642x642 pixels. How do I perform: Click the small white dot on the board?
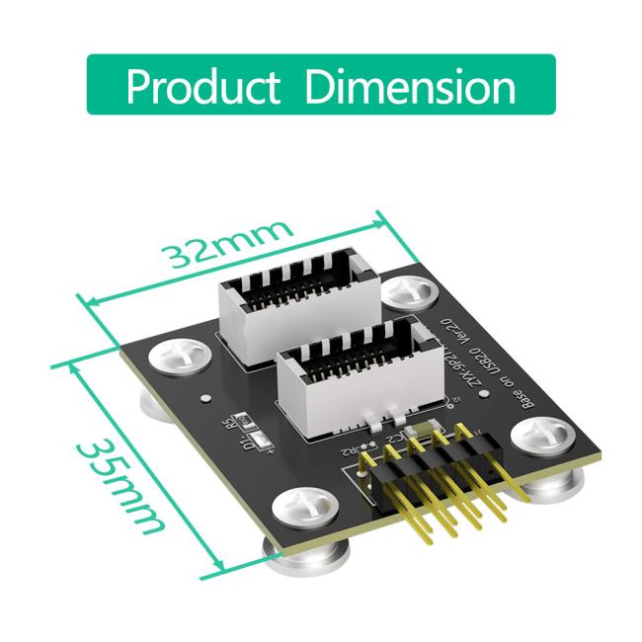pos(204,399)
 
